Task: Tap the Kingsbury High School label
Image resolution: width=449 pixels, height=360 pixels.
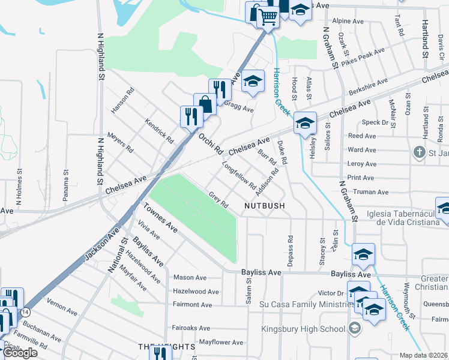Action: (x=303, y=329)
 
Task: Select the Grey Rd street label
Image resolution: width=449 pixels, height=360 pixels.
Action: (x=218, y=200)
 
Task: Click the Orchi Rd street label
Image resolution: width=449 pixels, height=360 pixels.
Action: (x=211, y=142)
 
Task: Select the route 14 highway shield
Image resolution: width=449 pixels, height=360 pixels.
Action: (x=25, y=313)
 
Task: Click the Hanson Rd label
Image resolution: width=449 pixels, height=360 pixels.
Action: (x=121, y=101)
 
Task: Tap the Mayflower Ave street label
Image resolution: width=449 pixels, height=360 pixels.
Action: (x=221, y=343)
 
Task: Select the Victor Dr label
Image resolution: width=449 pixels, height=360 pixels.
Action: (x=330, y=293)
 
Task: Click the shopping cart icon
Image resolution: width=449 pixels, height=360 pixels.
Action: (x=268, y=16)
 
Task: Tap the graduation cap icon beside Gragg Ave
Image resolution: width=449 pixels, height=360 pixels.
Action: (x=253, y=82)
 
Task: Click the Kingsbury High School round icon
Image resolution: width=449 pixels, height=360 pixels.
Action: (x=355, y=328)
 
